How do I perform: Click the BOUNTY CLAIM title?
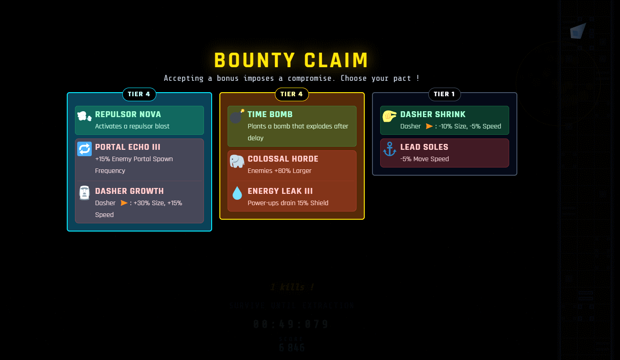[291, 60]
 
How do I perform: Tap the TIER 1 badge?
[444, 94]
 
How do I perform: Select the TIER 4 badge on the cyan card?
[139, 94]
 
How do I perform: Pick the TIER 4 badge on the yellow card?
[292, 94]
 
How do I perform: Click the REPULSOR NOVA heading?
[128, 114]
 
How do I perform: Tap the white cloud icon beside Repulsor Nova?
[84, 116]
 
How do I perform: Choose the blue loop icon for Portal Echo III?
[84, 149]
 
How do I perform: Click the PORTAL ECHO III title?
[127, 147]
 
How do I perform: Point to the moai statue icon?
[84, 193]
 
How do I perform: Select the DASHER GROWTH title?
[129, 191]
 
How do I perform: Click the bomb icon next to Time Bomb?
[236, 117]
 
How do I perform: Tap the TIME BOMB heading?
[270, 114]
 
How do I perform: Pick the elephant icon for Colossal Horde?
[237, 161]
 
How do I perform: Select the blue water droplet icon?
[237, 193]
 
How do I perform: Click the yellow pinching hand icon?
[390, 116]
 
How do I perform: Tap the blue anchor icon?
[390, 149]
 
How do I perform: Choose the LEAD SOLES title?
[424, 147]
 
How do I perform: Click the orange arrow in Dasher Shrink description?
[429, 126]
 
